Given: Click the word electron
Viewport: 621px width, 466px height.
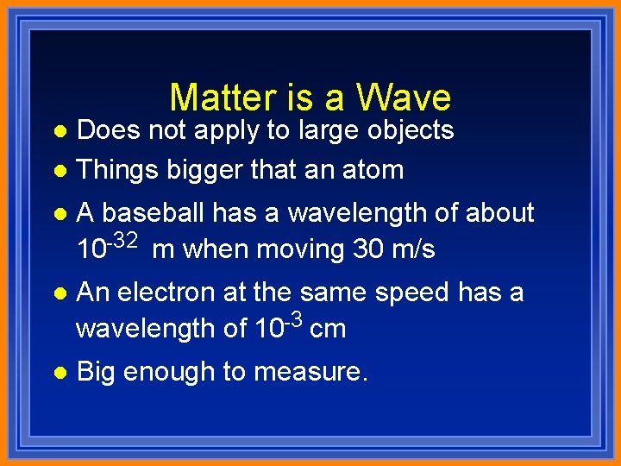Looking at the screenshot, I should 167,293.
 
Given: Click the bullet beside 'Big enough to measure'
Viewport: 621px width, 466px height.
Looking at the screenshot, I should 58,372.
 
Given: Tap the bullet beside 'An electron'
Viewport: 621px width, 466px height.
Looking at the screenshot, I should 58,293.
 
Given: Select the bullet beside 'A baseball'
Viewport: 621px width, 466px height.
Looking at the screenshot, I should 58,213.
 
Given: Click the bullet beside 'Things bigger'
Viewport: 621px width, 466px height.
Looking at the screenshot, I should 58,170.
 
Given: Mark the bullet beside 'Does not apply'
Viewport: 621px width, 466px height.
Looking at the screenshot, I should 58,131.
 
